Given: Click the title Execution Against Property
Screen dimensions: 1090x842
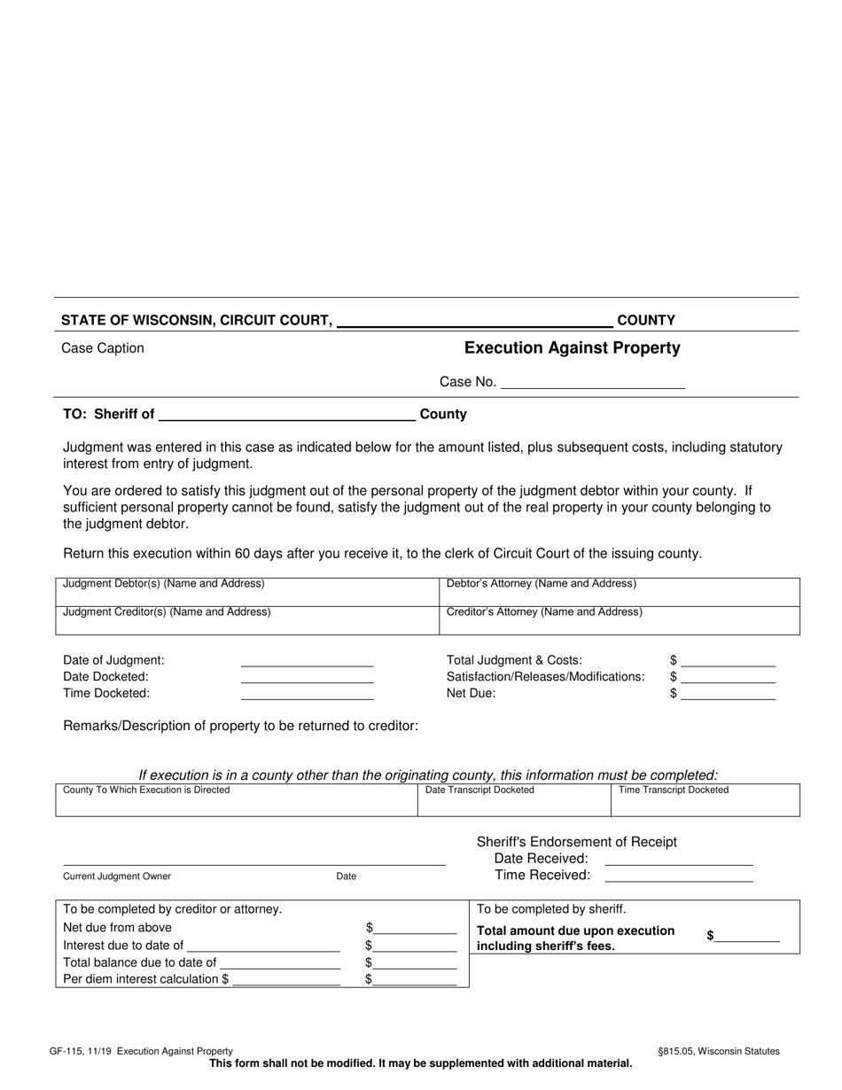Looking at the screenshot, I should coord(572,348).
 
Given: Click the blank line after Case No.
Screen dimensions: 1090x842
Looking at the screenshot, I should coord(592,383).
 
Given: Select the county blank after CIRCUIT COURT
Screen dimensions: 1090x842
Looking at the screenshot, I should coord(474,321).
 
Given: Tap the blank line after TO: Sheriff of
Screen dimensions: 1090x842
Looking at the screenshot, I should coord(286,414).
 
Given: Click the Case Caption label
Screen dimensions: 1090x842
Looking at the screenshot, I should coord(103,348).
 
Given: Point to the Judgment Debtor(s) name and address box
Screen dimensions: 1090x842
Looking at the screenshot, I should coord(247,592).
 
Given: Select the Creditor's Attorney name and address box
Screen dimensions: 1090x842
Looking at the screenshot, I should coord(619,621).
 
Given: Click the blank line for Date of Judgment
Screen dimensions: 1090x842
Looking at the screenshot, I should coord(307,660).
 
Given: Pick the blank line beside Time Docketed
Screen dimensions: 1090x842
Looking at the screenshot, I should coord(307,694).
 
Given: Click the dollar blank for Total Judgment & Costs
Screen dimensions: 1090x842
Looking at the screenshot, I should coord(728,660).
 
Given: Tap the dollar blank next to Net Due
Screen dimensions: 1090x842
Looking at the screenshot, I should coord(728,694).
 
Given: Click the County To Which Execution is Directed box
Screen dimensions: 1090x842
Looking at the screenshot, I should coord(236,800).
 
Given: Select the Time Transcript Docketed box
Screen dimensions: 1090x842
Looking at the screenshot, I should coord(705,800).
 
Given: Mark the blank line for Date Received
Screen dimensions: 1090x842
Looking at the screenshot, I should coord(678,859).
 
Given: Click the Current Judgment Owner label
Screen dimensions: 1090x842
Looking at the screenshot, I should coord(117,876).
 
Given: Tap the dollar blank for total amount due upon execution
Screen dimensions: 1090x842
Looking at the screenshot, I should coord(747,936).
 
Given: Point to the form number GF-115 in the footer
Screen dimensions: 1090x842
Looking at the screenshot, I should coord(80,1051).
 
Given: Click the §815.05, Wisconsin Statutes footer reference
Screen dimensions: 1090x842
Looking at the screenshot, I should coord(718,1051).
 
